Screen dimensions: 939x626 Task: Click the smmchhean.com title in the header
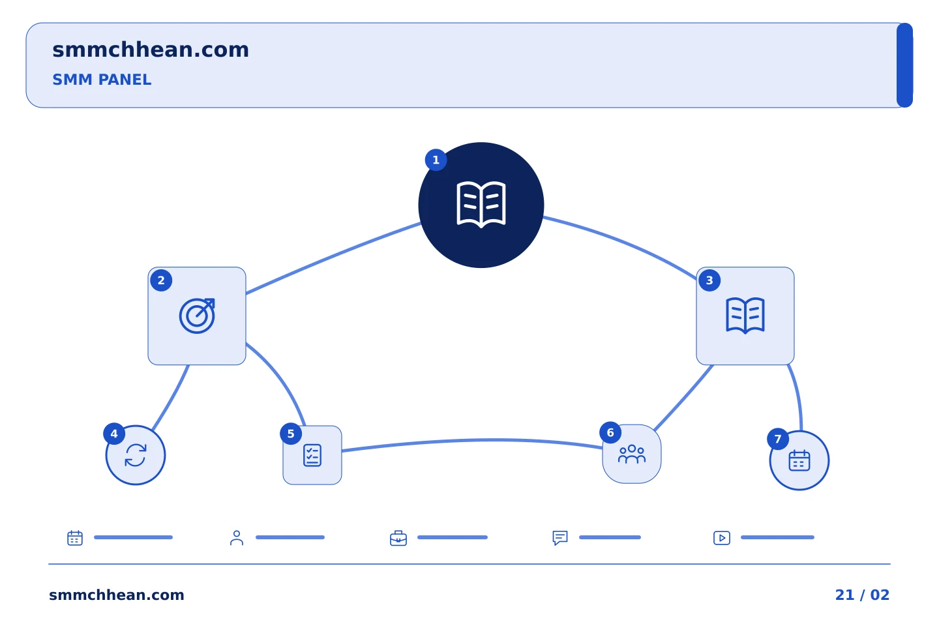coord(151,50)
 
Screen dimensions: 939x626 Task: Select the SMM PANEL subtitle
coord(102,80)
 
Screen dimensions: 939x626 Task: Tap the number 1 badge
coord(436,160)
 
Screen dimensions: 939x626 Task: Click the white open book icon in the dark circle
coord(481,205)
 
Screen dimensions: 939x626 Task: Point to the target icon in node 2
coord(197,316)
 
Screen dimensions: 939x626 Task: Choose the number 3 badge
coord(709,280)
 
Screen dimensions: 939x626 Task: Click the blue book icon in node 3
coord(745,316)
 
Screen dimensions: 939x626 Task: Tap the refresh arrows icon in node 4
coord(136,455)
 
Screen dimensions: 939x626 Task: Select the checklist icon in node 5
coord(312,455)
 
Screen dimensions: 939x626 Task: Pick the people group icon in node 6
coord(631,454)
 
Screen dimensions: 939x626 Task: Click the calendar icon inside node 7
coord(799,460)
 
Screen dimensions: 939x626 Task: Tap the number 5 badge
coord(291,434)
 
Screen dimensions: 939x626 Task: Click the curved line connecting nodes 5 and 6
coord(472,440)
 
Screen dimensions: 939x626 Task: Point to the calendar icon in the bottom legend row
coord(75,537)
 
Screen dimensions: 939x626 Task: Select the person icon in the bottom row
coord(237,537)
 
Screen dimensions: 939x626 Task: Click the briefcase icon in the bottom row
coord(398,538)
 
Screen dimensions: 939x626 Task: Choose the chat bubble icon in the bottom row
coord(560,537)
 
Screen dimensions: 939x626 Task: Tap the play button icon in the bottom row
coord(721,538)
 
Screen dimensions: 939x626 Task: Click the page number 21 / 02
coord(862,595)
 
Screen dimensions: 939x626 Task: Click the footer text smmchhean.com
coord(117,595)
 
